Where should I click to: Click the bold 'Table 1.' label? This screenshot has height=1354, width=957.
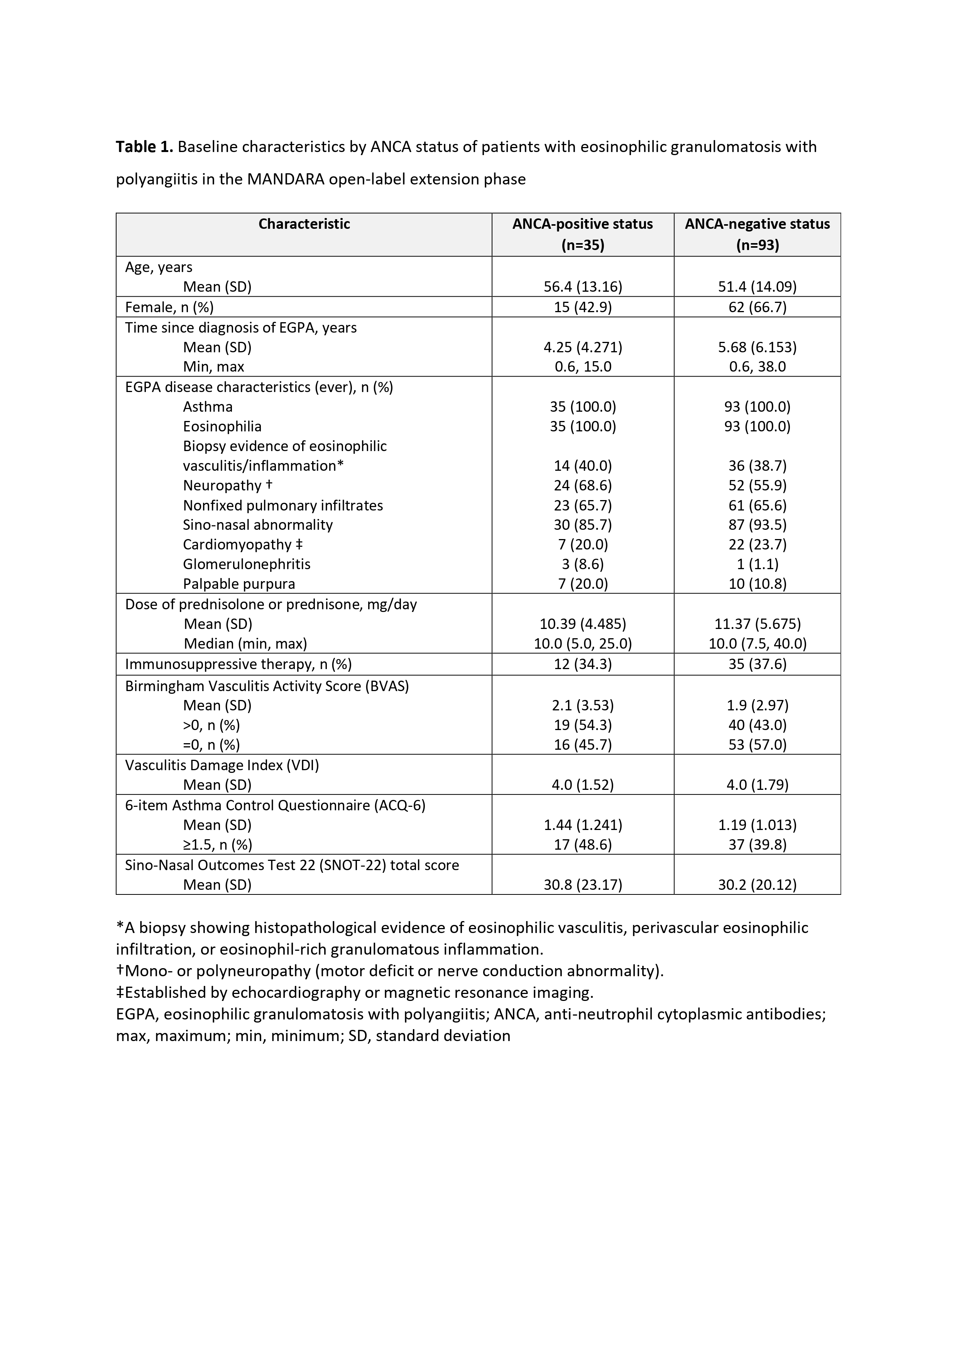click(144, 147)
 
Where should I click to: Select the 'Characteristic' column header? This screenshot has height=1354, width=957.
click(304, 224)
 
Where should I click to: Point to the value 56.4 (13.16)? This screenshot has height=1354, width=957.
click(583, 287)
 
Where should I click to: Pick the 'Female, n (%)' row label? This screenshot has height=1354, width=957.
click(169, 307)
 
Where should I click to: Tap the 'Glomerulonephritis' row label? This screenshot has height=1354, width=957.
click(247, 565)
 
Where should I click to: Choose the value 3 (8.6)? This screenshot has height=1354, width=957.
click(583, 565)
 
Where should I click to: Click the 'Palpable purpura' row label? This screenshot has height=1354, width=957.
click(239, 584)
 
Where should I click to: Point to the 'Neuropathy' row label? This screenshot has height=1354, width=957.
click(222, 485)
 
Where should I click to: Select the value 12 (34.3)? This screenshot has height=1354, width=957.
click(583, 664)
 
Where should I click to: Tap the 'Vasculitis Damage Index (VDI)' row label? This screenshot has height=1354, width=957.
click(222, 766)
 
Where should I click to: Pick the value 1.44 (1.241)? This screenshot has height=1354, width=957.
click(583, 825)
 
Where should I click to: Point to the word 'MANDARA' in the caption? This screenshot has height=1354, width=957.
click(286, 179)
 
